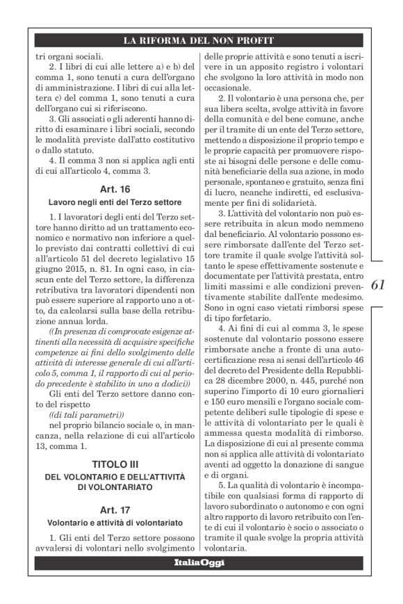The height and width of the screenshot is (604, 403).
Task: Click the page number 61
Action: [x=379, y=284]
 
